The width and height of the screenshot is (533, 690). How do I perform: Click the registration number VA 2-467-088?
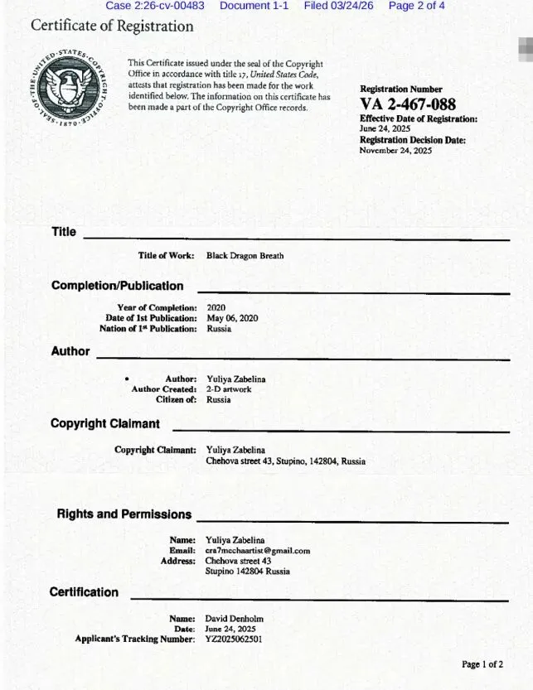tap(408, 104)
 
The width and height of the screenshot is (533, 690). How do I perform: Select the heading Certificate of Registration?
tap(112, 26)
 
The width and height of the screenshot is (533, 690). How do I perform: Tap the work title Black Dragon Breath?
tap(245, 256)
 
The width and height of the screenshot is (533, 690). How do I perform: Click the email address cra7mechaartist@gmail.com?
tap(257, 550)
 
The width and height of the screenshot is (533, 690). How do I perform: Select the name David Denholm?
tap(235, 618)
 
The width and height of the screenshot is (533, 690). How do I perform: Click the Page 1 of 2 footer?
tap(482, 664)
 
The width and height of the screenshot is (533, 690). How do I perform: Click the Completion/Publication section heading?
tap(117, 286)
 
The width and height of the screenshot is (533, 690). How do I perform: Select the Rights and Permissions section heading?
tap(124, 514)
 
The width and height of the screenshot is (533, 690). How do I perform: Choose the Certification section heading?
tap(84, 592)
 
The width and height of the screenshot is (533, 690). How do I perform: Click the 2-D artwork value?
tap(229, 389)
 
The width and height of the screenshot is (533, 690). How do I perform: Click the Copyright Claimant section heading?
tap(104, 424)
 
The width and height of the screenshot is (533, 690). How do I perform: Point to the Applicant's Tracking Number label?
tap(135, 639)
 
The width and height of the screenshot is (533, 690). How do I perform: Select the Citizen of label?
tap(176, 399)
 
